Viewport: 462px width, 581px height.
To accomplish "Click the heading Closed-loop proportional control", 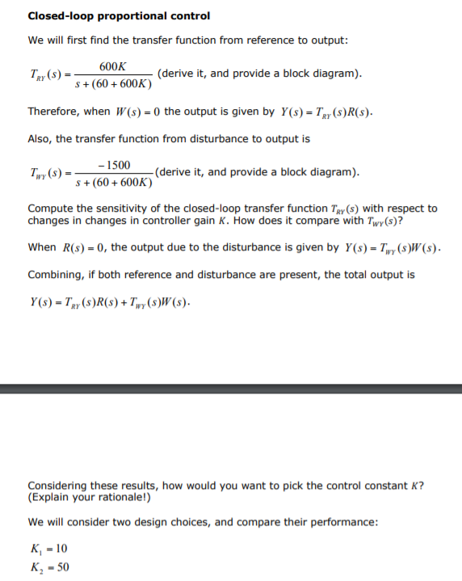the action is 119,16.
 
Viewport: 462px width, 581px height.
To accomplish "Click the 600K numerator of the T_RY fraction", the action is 113,66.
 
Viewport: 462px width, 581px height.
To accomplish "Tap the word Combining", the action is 56,275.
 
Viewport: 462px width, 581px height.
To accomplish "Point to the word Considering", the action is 61,486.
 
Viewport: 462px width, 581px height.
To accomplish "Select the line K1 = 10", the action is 48,549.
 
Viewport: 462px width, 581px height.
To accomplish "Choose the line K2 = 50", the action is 48,566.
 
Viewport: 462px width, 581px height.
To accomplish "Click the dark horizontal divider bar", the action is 231,388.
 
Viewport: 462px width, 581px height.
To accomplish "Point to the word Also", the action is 40,139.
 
